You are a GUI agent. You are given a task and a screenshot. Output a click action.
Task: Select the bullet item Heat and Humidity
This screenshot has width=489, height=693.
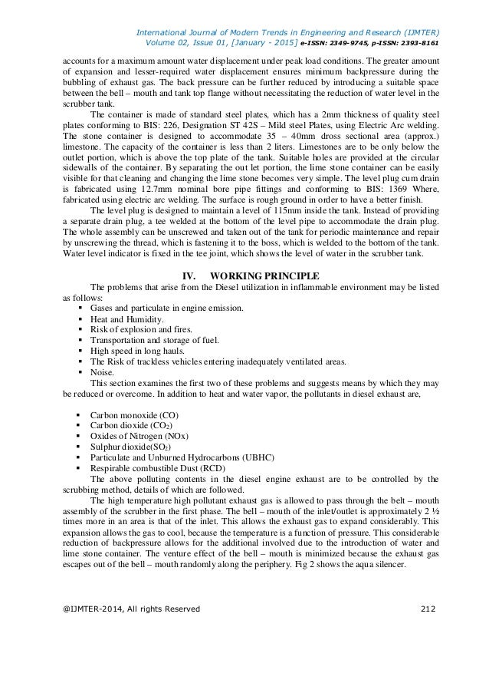[x=127, y=318]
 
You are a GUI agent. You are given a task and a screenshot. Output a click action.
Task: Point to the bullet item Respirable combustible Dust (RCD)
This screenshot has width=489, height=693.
[x=152, y=467]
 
